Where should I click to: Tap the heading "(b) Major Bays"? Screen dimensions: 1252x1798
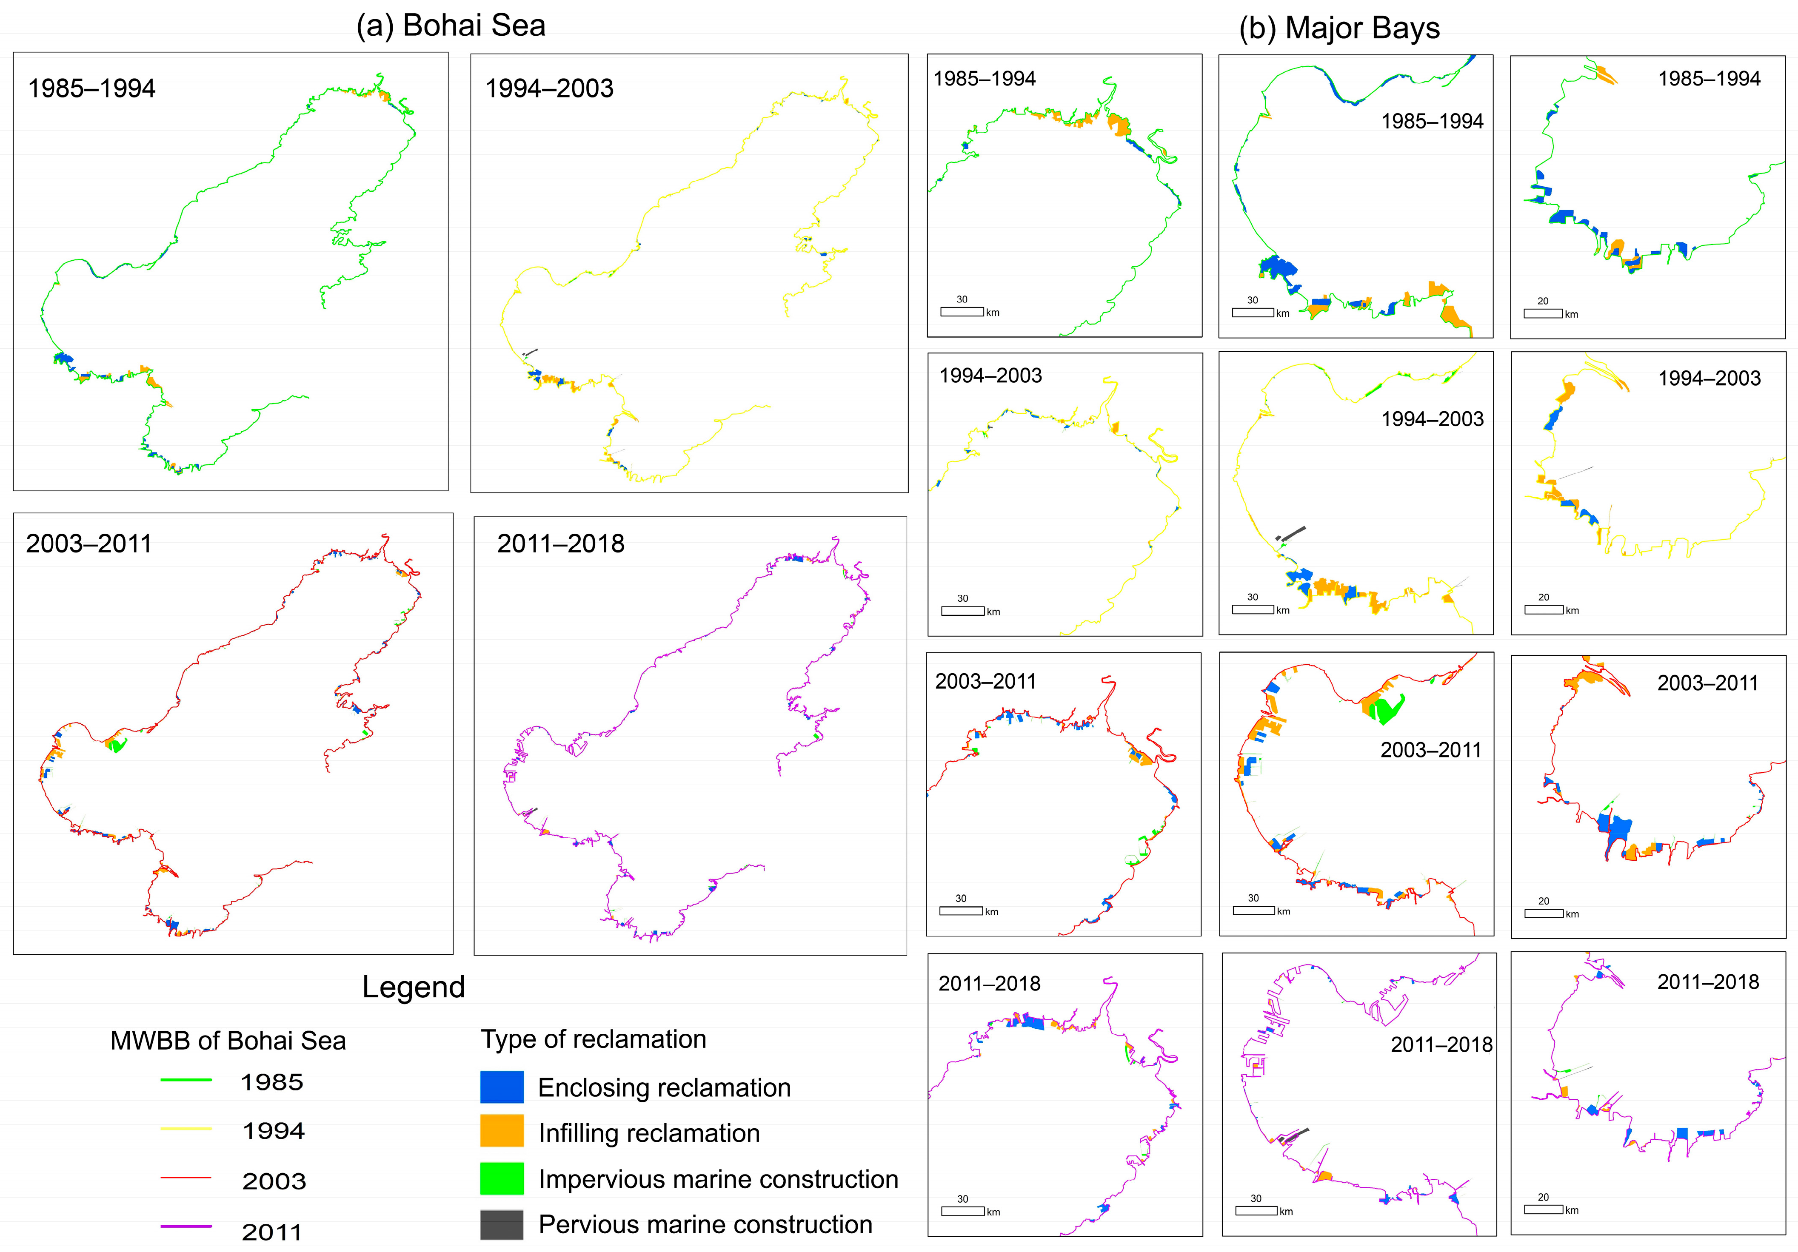pyautogui.click(x=1339, y=28)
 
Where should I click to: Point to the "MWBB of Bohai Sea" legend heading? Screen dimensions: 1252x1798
pyautogui.click(x=228, y=1041)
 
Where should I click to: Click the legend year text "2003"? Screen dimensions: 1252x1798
pyautogui.click(x=273, y=1181)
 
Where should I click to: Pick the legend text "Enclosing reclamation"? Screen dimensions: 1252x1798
pyautogui.click(x=664, y=1087)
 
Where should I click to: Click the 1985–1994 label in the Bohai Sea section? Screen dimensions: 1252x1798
pyautogui.click(x=91, y=88)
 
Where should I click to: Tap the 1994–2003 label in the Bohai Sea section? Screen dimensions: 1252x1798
pyautogui.click(x=549, y=88)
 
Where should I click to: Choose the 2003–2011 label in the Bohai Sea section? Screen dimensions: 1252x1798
pyautogui.click(x=88, y=543)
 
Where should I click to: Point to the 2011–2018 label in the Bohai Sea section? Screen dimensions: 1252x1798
pyautogui.click(x=561, y=543)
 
